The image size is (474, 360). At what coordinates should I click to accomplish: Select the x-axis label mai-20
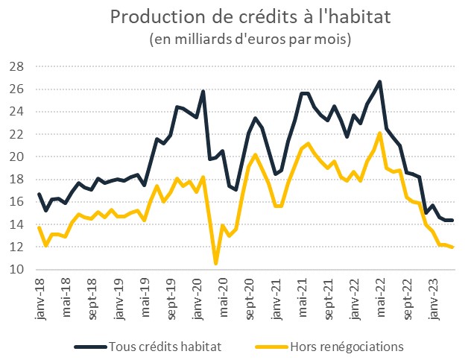pos(223,296)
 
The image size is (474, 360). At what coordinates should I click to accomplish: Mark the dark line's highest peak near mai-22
pos(380,82)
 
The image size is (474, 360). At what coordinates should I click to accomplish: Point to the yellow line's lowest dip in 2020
pos(216,263)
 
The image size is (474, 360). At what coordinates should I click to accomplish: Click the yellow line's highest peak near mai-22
pos(380,133)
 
